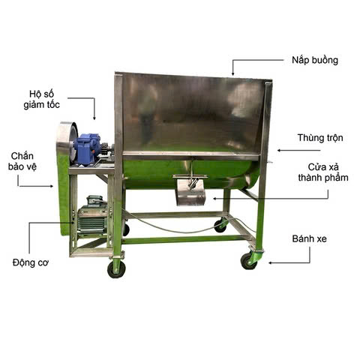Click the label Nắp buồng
tap(315, 61)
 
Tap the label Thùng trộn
tap(320, 138)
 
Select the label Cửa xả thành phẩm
tap(323, 172)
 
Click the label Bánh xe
tap(310, 238)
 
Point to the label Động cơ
tap(31, 262)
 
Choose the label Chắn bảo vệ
tap(22, 161)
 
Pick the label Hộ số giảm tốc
tap(42, 99)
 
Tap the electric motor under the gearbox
tap(92, 217)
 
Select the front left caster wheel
tap(116, 270)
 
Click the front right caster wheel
tap(249, 262)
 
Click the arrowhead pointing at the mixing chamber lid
tap(232, 73)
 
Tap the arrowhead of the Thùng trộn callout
tap(279, 151)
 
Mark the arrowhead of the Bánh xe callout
tap(271, 262)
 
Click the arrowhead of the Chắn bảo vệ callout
tap(52, 186)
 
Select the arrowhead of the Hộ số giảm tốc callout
tap(94, 118)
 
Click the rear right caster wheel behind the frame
tap(220, 226)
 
